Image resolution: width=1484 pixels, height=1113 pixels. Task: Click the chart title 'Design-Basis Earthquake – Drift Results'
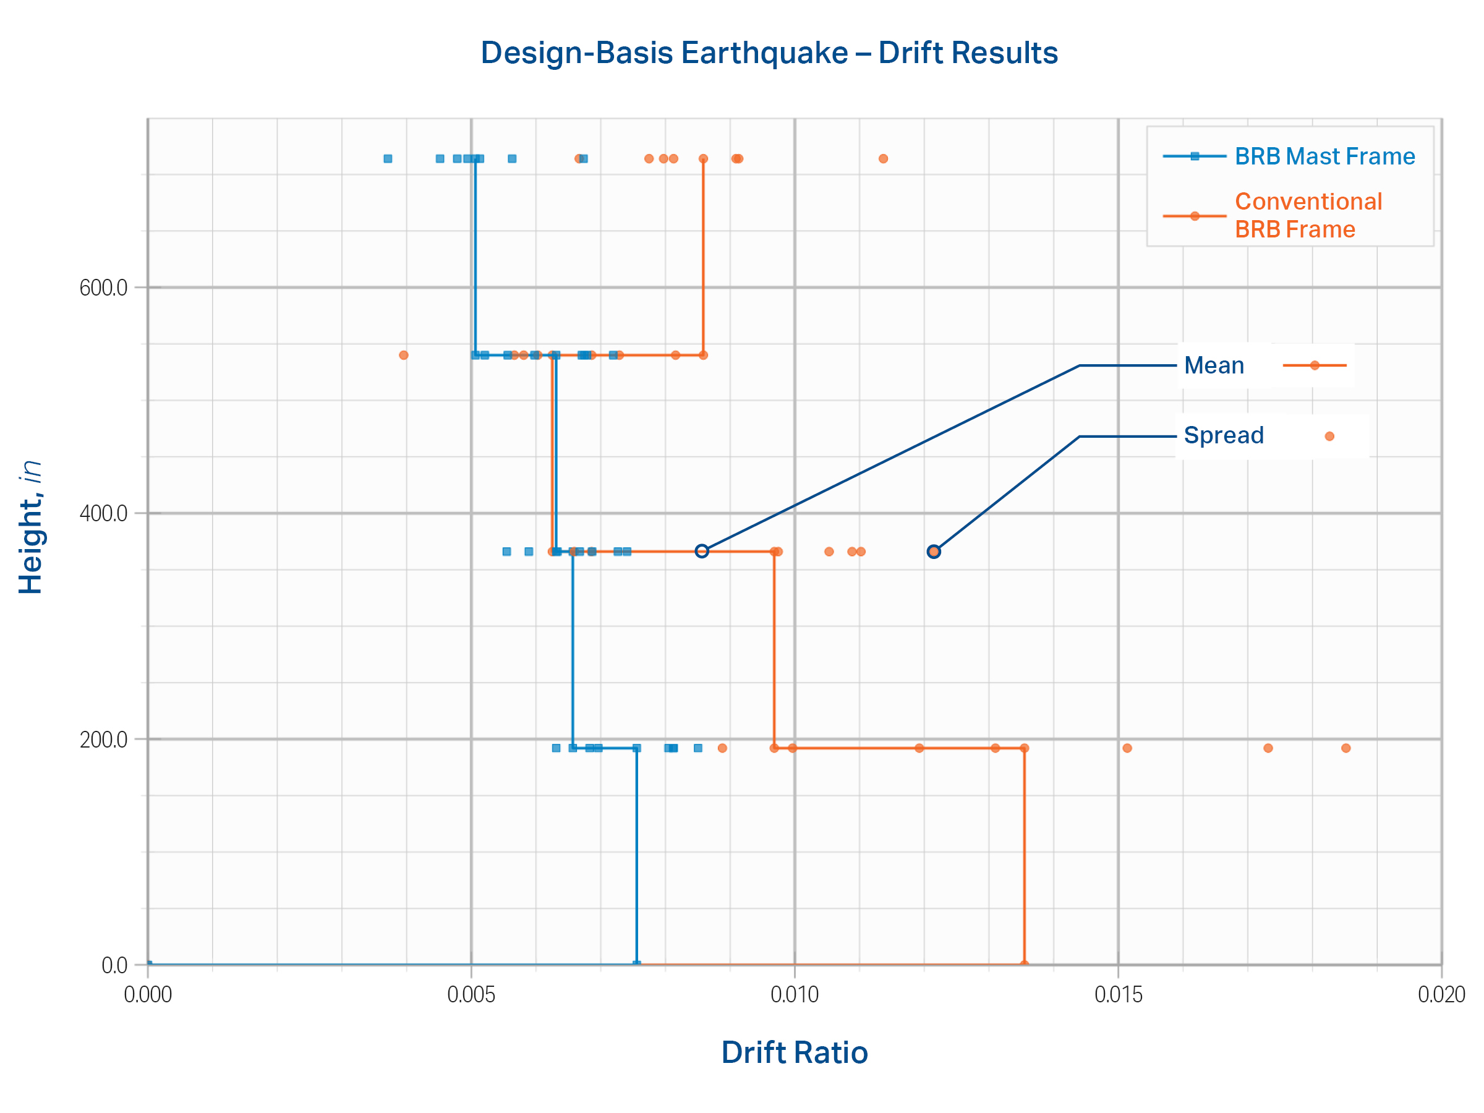[x=769, y=53]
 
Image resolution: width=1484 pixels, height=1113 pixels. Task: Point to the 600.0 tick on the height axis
[x=103, y=288]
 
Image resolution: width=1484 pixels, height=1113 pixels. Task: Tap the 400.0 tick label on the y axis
[x=103, y=514]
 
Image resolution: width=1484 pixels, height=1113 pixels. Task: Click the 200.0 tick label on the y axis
[x=103, y=740]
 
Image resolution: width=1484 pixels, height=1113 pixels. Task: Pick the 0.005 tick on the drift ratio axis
[x=471, y=994]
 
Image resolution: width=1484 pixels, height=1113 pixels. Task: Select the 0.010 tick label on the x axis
[x=795, y=994]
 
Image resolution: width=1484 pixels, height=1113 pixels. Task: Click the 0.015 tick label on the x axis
[x=1118, y=994]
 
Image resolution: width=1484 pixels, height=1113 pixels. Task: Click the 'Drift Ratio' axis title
[x=795, y=1052]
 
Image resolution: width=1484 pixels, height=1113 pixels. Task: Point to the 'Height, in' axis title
[x=31, y=527]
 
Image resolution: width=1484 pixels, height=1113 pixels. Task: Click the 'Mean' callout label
[x=1214, y=365]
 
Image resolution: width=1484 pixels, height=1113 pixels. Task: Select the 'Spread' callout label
[x=1223, y=435]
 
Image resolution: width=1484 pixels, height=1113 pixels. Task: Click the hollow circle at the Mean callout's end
[x=702, y=551]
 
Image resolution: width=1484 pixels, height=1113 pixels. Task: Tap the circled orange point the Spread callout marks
[x=934, y=552]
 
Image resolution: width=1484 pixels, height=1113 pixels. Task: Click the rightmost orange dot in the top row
[x=883, y=159]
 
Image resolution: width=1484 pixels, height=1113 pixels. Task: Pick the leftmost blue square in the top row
[x=388, y=159]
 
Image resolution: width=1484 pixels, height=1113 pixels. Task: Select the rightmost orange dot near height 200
[x=1345, y=748]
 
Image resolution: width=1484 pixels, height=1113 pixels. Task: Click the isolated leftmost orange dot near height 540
[x=403, y=355]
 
